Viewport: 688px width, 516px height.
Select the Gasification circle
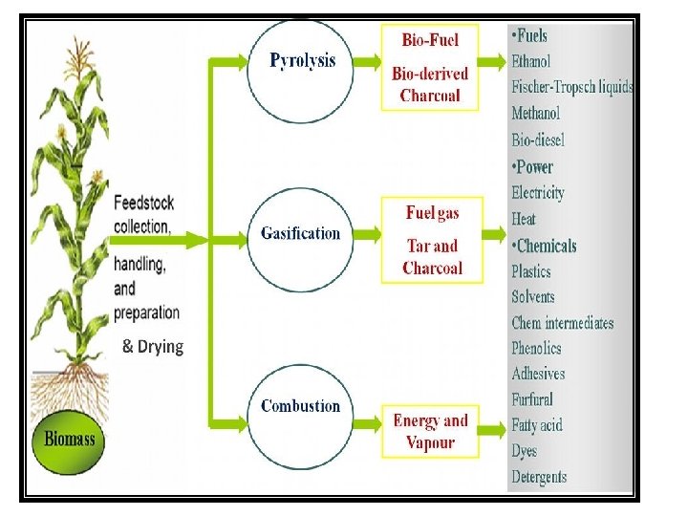[300, 234]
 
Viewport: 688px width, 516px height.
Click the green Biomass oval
[70, 441]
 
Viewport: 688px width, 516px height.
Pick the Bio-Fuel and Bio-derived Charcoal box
[430, 68]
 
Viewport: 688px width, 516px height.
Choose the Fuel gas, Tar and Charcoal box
[432, 240]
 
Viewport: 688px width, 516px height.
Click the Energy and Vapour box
[430, 431]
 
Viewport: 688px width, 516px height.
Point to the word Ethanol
[530, 61]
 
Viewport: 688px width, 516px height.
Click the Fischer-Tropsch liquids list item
[571, 87]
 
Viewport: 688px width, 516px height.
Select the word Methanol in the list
[535, 113]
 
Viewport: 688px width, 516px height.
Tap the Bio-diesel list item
[538, 140]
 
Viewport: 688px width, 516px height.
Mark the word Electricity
[538, 192]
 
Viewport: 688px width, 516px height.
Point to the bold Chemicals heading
[544, 246]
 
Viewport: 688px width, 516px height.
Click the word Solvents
[533, 297]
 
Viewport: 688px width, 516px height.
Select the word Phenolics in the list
[536, 349]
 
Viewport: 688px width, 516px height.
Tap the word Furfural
[532, 399]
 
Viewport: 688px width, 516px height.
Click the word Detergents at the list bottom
[539, 477]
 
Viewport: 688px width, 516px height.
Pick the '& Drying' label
[153, 346]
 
